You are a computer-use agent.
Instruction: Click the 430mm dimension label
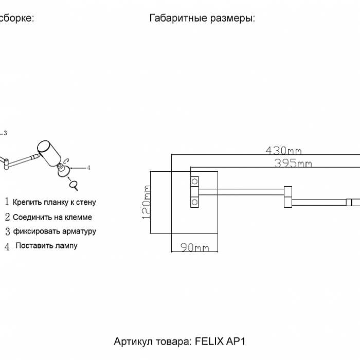283,151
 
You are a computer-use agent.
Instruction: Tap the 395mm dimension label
293,164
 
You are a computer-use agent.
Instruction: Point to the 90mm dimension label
194,248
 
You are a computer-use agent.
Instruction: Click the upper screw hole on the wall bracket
195,181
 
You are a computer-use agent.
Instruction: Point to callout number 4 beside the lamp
88,167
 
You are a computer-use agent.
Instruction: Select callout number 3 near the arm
5,133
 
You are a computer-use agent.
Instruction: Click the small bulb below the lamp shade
73,183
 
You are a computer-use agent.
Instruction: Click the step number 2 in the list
8,217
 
